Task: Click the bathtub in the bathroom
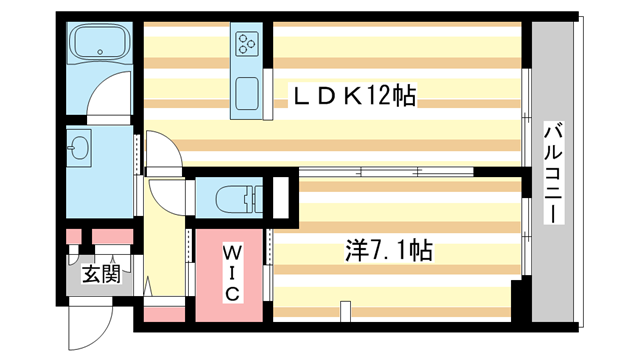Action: click(x=100, y=43)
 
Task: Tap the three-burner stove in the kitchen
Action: click(x=246, y=44)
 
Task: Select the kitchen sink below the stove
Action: click(x=246, y=92)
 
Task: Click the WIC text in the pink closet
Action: click(x=230, y=271)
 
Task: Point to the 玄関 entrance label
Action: click(x=101, y=272)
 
